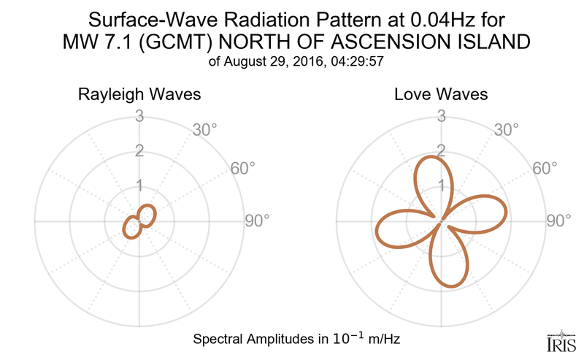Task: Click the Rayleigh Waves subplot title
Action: (x=139, y=95)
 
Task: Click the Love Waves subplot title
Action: (x=441, y=95)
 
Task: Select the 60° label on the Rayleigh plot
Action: (x=242, y=168)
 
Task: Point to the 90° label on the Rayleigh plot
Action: (x=257, y=221)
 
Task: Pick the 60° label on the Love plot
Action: (x=545, y=168)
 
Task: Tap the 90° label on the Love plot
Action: (x=559, y=221)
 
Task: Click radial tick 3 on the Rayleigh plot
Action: (x=139, y=115)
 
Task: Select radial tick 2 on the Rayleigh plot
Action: (x=139, y=150)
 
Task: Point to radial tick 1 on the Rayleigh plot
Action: (x=139, y=185)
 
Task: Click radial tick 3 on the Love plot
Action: (x=441, y=115)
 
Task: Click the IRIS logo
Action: (x=561, y=341)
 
